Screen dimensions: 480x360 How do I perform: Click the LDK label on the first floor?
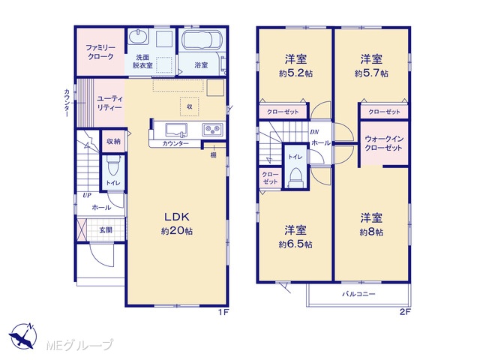click(x=177, y=217)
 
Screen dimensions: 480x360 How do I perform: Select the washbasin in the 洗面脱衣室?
click(x=138, y=37)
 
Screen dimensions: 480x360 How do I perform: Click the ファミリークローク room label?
click(x=100, y=52)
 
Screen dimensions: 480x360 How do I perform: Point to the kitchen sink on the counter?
click(x=176, y=130)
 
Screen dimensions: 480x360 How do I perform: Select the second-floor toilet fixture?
click(x=295, y=177)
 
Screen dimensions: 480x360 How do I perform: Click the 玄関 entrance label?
click(x=106, y=230)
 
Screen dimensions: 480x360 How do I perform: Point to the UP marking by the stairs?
click(x=87, y=195)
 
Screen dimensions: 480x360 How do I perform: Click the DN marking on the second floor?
click(x=314, y=132)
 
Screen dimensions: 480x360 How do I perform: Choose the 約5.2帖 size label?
click(x=295, y=73)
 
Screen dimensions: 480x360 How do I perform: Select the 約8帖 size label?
click(x=371, y=232)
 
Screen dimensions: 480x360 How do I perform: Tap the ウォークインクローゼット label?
click(x=383, y=143)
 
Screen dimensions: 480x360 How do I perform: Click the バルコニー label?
click(x=358, y=294)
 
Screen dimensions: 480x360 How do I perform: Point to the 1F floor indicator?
click(x=223, y=313)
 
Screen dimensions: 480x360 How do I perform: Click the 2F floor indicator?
click(x=405, y=313)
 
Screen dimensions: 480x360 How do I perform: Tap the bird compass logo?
click(x=23, y=336)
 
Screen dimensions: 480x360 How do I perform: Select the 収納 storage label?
click(x=113, y=142)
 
